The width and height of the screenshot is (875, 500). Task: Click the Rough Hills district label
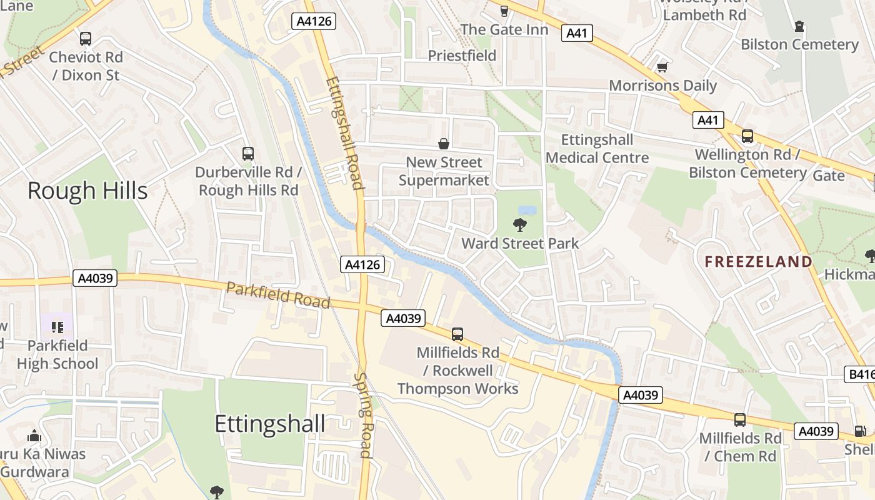[87, 191]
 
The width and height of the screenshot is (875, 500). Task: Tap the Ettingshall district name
[269, 424]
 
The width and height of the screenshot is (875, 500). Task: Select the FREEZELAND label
[758, 262]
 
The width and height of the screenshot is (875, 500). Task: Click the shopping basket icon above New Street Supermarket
[444, 144]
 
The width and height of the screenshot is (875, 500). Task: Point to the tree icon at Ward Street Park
[519, 225]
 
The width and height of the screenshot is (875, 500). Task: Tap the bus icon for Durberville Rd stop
[248, 153]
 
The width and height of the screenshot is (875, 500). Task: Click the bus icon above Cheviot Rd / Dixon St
[86, 39]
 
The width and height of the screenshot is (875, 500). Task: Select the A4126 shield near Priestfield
[314, 21]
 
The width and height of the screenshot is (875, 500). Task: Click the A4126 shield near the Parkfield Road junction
[362, 264]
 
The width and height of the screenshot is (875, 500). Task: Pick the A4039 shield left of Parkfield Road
[96, 278]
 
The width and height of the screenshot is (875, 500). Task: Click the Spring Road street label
[364, 416]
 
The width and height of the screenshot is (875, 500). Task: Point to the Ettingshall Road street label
[344, 132]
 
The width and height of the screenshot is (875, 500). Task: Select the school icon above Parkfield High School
[57, 327]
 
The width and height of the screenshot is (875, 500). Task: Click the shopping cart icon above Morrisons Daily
[662, 66]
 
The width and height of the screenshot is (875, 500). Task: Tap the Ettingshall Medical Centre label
[597, 149]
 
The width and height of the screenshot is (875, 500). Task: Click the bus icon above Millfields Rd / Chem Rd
[740, 420]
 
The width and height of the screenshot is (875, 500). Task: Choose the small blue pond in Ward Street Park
[527, 210]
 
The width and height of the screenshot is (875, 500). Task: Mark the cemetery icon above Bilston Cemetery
[799, 26]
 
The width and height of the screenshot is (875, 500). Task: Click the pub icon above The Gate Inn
[504, 11]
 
